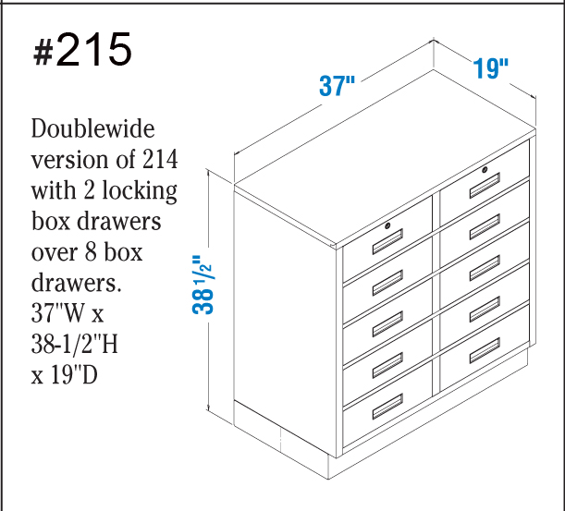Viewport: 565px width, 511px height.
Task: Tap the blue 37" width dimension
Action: [x=338, y=87]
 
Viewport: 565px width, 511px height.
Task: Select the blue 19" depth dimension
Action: [x=491, y=68]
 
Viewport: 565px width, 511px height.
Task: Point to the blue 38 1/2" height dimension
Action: [x=203, y=282]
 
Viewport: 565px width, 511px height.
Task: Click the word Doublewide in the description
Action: [x=92, y=128]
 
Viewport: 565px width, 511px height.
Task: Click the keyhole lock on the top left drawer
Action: [x=388, y=226]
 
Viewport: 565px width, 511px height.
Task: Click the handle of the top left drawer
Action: [x=387, y=244]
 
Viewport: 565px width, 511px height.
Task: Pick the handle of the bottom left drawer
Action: [x=387, y=403]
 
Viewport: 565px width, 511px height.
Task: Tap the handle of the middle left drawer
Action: [x=387, y=326]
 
